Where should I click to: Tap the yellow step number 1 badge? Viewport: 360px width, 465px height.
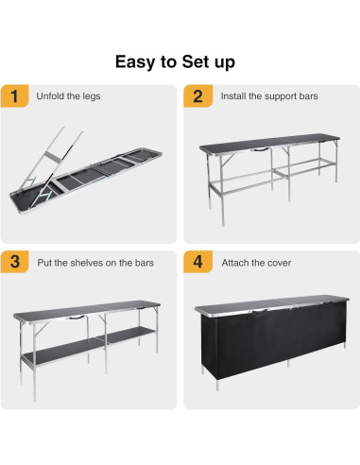pos(13,96)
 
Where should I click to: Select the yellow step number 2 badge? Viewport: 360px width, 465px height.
pos(197,96)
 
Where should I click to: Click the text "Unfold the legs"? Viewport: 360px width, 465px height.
pos(68,96)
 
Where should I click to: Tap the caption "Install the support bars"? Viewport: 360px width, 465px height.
pos(267,96)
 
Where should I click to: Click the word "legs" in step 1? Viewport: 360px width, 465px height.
pos(92,96)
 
